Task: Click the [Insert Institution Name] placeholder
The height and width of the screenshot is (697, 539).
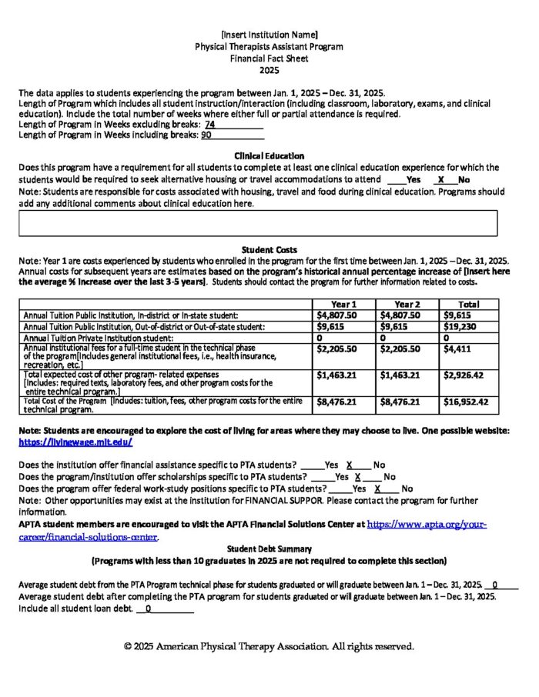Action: pyautogui.click(x=269, y=35)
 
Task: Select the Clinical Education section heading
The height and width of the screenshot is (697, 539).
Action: pyautogui.click(x=269, y=156)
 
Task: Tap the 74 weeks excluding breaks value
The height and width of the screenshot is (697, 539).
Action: pyautogui.click(x=210, y=124)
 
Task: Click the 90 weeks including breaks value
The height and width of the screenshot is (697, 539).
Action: pyautogui.click(x=206, y=135)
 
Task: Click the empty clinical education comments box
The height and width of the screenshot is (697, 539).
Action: pyautogui.click(x=258, y=222)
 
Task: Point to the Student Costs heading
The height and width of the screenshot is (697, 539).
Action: pyautogui.click(x=269, y=250)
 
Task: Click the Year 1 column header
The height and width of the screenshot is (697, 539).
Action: pyautogui.click(x=343, y=304)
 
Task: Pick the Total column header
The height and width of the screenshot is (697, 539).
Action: pyautogui.click(x=467, y=304)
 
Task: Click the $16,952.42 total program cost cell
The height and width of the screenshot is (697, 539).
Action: pyautogui.click(x=467, y=401)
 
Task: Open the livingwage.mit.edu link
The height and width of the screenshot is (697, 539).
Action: pyautogui.click(x=75, y=442)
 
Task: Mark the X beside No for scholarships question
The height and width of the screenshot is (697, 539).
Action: pyautogui.click(x=358, y=477)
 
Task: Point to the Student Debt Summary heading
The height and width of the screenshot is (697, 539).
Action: pyautogui.click(x=269, y=549)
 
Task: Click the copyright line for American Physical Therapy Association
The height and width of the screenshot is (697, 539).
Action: pyautogui.click(x=269, y=646)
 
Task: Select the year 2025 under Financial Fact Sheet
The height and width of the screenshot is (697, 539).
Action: pyautogui.click(x=269, y=69)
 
